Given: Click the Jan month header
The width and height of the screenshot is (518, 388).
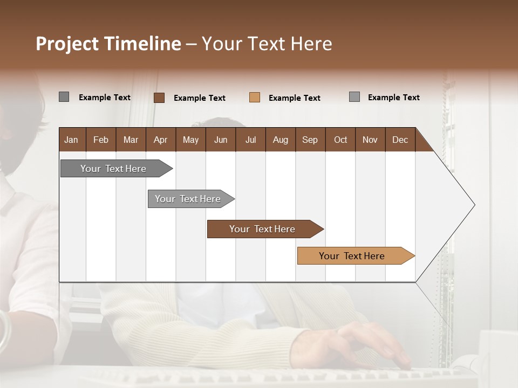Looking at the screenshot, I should click(x=72, y=140).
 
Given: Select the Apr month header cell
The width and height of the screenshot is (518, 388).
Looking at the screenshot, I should click(x=161, y=140).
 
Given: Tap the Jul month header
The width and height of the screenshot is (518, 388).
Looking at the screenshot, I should click(x=250, y=140).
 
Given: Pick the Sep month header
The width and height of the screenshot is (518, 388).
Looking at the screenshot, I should click(x=310, y=140).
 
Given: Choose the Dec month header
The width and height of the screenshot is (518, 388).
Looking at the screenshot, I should click(x=400, y=140).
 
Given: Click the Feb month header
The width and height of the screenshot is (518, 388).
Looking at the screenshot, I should click(x=101, y=140).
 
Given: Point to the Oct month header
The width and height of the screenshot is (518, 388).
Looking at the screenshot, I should click(x=340, y=140).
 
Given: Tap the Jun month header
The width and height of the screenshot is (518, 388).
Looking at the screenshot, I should click(x=221, y=140).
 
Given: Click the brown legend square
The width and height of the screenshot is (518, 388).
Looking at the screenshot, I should click(x=159, y=98).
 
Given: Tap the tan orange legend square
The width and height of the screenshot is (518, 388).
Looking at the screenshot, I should click(x=255, y=98).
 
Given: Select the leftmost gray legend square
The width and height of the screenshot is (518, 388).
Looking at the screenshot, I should click(x=64, y=97).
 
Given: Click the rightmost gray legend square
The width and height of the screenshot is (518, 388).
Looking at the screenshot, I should click(x=355, y=97).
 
